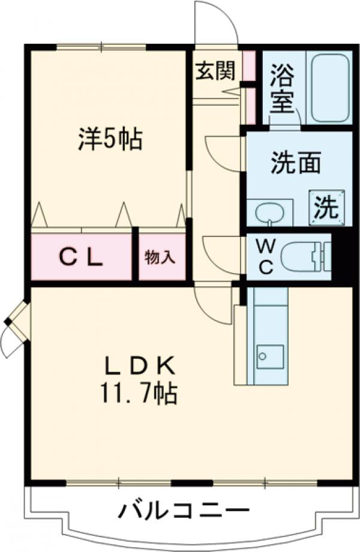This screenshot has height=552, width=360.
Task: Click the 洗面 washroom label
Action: (295, 163)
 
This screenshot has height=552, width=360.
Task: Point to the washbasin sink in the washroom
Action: (269, 212)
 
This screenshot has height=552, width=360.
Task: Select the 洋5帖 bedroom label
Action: (109, 140)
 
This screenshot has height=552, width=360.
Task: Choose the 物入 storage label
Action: (160, 257)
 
